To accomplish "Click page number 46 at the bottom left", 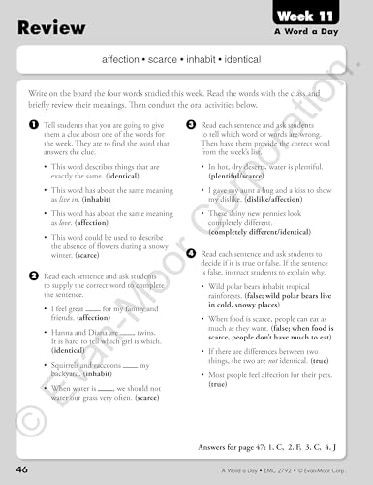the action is [21, 469].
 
